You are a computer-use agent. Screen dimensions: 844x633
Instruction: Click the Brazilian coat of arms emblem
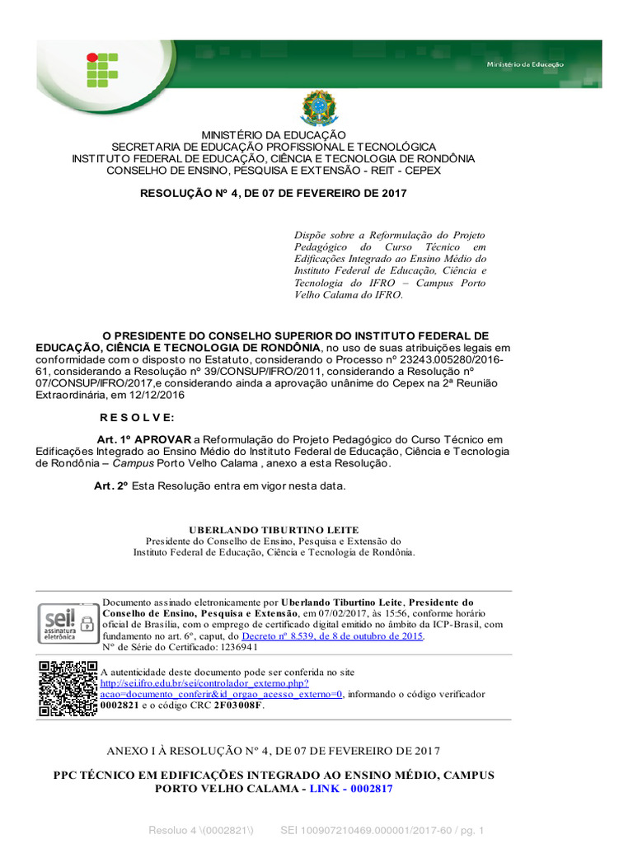coord(318,108)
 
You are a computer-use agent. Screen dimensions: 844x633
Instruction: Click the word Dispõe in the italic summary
coord(312,235)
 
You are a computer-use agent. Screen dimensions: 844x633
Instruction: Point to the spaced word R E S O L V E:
coord(138,418)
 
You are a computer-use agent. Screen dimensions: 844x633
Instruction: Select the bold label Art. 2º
coord(111,486)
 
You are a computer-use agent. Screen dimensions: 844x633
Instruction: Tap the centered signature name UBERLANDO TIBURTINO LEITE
coord(274,529)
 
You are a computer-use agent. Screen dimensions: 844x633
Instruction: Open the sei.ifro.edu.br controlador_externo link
coord(204,683)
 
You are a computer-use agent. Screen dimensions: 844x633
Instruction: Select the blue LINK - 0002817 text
coord(351,788)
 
